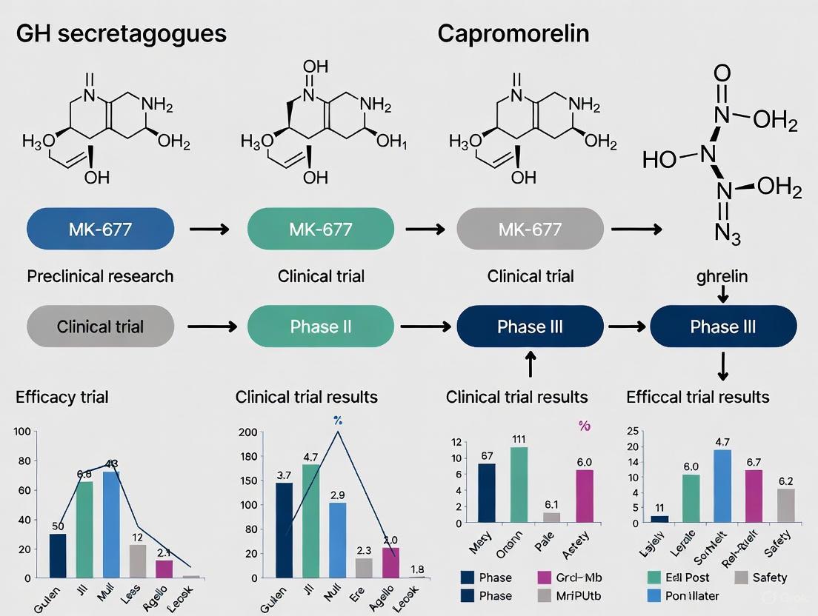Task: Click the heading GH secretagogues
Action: (x=121, y=34)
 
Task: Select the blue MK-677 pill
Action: (x=100, y=229)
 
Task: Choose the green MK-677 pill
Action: (x=321, y=229)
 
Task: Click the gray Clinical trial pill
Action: (x=100, y=327)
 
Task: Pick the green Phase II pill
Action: (x=321, y=327)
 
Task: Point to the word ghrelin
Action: (x=722, y=276)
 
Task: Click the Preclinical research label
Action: (x=100, y=276)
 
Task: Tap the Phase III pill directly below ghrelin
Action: (x=722, y=327)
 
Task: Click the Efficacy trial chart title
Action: (x=62, y=397)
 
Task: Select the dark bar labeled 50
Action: (x=58, y=555)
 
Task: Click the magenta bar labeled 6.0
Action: (x=585, y=496)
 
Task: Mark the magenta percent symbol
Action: (x=585, y=426)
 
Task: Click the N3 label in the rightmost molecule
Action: (x=723, y=233)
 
